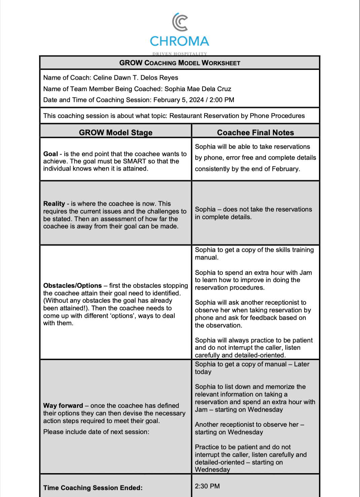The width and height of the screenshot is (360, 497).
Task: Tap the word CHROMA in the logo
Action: [x=179, y=41]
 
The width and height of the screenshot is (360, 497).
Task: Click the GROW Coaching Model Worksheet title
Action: [x=180, y=63]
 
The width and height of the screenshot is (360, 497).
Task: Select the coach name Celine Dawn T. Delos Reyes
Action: [x=136, y=78]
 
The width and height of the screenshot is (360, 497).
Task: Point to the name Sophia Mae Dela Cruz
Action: [x=198, y=89]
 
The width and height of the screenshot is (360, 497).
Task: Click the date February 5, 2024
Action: [x=178, y=100]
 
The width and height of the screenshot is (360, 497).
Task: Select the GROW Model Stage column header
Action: [x=115, y=132]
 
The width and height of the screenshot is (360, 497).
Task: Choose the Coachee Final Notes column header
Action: [x=255, y=132]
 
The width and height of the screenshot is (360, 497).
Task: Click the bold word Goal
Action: [x=50, y=154]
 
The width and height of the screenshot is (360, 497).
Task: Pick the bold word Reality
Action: [x=54, y=204]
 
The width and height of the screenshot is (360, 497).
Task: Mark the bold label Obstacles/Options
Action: [x=72, y=285]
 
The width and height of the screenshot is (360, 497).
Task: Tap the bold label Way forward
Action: [x=63, y=406]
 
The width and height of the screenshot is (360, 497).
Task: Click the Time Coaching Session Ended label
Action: [x=93, y=488]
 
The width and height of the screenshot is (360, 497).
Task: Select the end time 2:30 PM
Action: [x=207, y=486]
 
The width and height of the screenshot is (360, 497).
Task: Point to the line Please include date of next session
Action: [x=96, y=432]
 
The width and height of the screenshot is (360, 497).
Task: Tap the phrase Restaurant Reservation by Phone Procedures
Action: [x=237, y=116]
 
